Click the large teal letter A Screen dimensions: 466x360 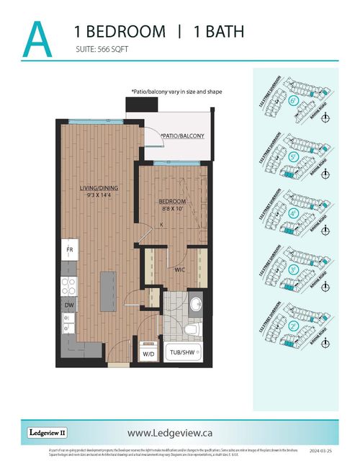tap(37, 39)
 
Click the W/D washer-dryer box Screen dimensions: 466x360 tap(148, 354)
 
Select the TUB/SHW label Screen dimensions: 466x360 tap(184, 353)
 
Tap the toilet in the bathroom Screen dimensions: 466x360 tap(191, 329)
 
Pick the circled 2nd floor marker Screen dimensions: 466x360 tap(294, 326)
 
